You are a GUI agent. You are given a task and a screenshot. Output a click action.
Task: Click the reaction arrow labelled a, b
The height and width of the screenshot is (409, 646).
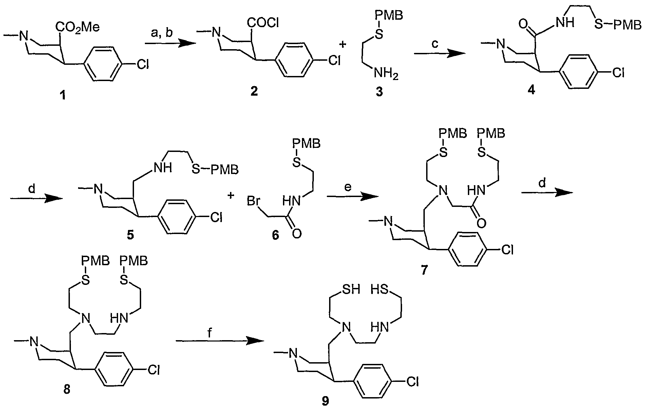[x=166, y=43]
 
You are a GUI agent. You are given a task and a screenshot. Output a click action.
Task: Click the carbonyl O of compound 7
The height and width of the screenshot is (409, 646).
[x=481, y=222]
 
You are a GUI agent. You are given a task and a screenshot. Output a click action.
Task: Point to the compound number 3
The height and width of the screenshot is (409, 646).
[x=379, y=92]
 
